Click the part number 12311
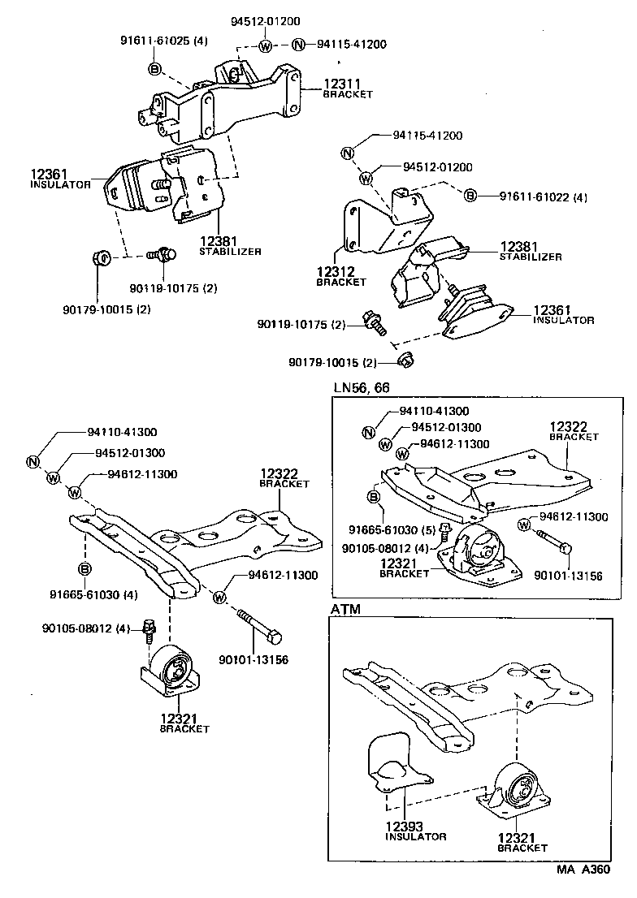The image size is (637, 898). click(x=342, y=83)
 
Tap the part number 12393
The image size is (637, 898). click(x=404, y=825)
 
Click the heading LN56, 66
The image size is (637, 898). click(x=362, y=388)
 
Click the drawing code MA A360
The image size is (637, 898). click(x=582, y=869)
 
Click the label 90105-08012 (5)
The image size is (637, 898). click(x=379, y=533)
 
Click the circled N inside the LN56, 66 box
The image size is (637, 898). click(x=368, y=431)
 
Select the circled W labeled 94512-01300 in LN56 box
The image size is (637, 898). click(x=385, y=443)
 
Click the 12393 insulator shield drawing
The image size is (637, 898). click(x=388, y=764)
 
